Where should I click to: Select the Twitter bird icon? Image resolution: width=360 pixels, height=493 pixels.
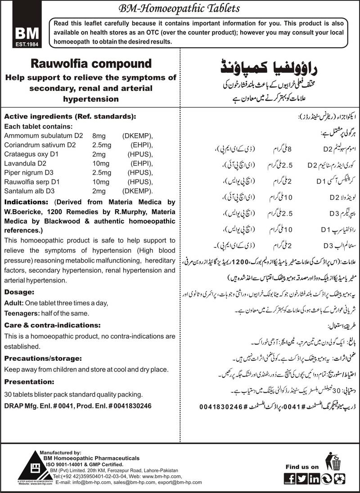coord(302,478)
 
